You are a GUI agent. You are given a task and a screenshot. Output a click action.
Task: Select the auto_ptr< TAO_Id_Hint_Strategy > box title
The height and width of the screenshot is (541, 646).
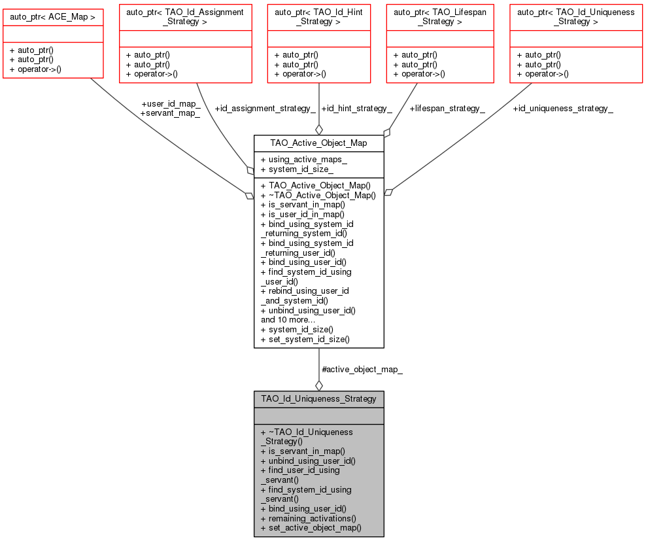click(318, 16)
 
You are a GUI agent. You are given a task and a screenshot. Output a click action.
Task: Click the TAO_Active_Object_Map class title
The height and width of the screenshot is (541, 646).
click(318, 143)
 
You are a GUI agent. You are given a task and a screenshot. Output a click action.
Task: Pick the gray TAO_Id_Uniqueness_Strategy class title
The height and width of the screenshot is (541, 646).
click(318, 398)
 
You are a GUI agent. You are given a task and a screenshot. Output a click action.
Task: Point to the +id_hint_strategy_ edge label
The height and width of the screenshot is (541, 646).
click(356, 107)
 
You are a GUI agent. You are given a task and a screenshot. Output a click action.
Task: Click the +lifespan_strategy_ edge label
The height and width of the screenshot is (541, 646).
click(447, 107)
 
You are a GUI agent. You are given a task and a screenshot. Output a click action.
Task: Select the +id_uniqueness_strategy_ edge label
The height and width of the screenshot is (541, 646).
click(563, 107)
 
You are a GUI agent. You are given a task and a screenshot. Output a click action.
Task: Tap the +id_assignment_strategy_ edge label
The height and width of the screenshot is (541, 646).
click(265, 107)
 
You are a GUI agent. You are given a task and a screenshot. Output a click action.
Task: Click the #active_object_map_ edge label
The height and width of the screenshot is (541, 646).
click(362, 370)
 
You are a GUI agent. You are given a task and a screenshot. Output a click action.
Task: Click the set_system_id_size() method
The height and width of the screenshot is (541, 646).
click(305, 339)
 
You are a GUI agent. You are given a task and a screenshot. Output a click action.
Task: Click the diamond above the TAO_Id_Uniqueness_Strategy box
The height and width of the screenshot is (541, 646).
click(318, 385)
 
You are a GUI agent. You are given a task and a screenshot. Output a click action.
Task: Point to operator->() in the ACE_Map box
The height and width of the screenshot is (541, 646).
click(35, 69)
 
